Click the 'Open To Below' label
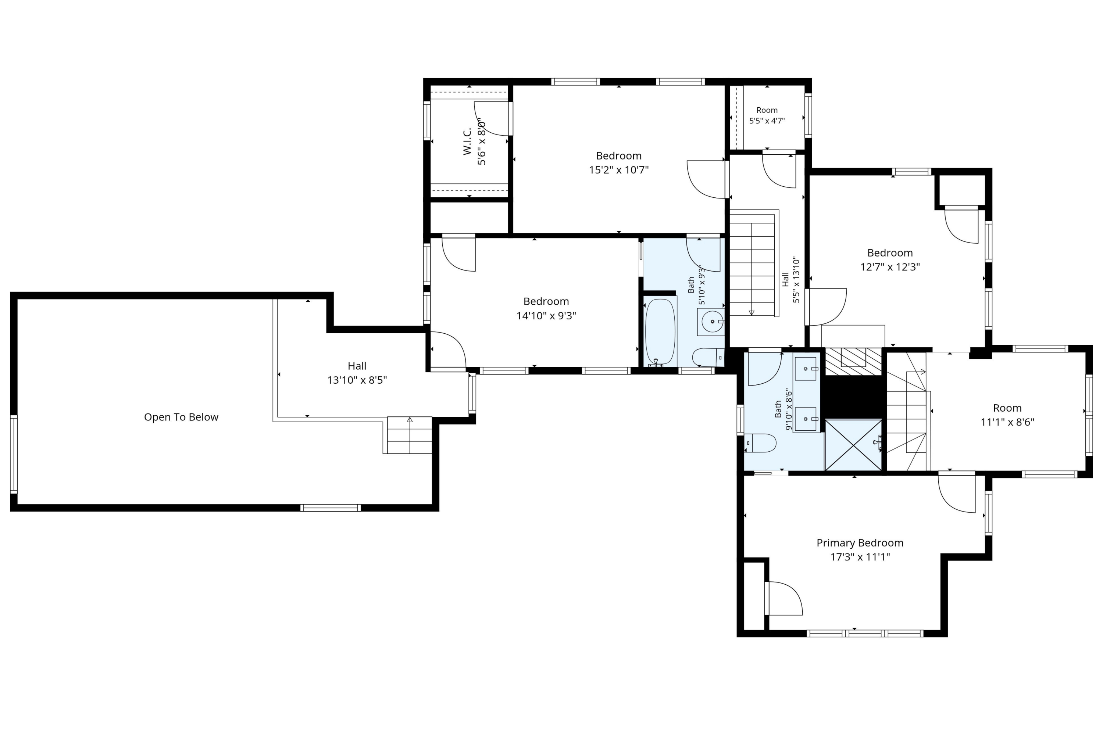tap(181, 417)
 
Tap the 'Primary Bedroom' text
tap(860, 543)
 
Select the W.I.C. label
tap(467, 141)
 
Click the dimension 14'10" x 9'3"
tap(546, 315)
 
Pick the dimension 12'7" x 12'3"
tap(890, 267)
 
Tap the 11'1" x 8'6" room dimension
tap(1007, 422)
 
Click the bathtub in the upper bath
tap(660, 332)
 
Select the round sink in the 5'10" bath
tap(712, 322)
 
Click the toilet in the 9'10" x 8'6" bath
tap(760, 443)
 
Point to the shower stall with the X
tap(853, 445)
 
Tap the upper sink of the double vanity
tap(806, 369)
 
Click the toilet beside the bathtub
tap(708, 357)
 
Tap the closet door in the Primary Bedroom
tap(783, 599)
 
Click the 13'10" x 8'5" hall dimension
tap(357, 380)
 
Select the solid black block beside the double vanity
tap(853, 397)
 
